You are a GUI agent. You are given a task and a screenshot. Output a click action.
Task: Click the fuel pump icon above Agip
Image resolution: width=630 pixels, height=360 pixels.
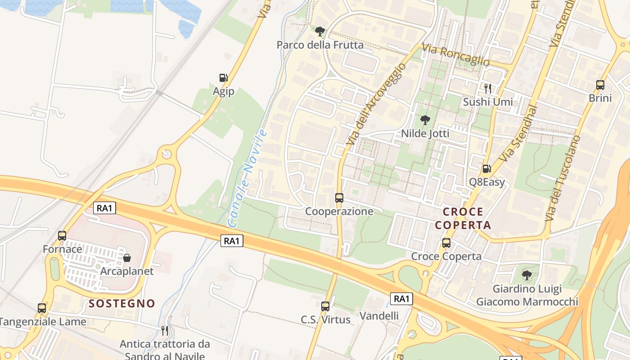pyautogui.click(x=223, y=78)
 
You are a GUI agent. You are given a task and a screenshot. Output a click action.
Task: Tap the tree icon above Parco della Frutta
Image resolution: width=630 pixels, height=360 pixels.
pyautogui.click(x=320, y=31)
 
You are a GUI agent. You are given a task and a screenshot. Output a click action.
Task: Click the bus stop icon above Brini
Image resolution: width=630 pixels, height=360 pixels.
pyautogui.click(x=600, y=85)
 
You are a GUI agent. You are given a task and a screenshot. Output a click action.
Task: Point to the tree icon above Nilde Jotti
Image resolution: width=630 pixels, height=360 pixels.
pyautogui.click(x=425, y=120)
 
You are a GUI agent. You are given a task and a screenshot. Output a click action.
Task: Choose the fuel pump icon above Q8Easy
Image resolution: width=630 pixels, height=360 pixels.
pyautogui.click(x=486, y=169)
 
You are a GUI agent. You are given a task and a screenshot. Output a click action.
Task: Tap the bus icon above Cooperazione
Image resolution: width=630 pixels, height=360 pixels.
pyautogui.click(x=339, y=198)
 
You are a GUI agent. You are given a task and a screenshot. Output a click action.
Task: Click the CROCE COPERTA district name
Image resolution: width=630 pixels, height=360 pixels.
pyautogui.click(x=463, y=218)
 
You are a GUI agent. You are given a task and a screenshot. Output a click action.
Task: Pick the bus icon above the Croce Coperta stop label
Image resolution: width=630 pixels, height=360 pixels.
pyautogui.click(x=446, y=243)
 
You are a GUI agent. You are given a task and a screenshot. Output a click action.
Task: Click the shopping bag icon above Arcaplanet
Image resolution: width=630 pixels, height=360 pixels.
pyautogui.click(x=127, y=258)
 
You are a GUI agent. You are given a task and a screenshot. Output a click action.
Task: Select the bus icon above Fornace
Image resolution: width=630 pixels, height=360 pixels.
pyautogui.click(x=62, y=235)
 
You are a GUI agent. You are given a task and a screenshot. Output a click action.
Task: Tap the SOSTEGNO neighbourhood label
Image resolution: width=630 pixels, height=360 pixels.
pyautogui.click(x=122, y=304)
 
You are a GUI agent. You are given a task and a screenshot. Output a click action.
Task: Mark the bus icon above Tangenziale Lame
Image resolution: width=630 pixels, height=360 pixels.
pyautogui.click(x=42, y=308)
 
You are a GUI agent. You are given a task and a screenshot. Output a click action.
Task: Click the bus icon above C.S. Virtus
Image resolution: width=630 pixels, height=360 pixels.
pyautogui.click(x=325, y=306)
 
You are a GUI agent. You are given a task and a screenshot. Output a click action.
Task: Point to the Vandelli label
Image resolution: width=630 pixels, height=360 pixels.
pyautogui.click(x=379, y=316)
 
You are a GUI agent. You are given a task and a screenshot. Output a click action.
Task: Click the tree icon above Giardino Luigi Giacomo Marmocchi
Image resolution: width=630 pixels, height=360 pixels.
pyautogui.click(x=526, y=275)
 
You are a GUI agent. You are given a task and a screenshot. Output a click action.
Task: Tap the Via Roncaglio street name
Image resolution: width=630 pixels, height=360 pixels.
pyautogui.click(x=456, y=55)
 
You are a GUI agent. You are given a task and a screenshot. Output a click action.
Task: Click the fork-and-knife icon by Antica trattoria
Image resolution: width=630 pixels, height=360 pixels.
pyautogui.click(x=165, y=331)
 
